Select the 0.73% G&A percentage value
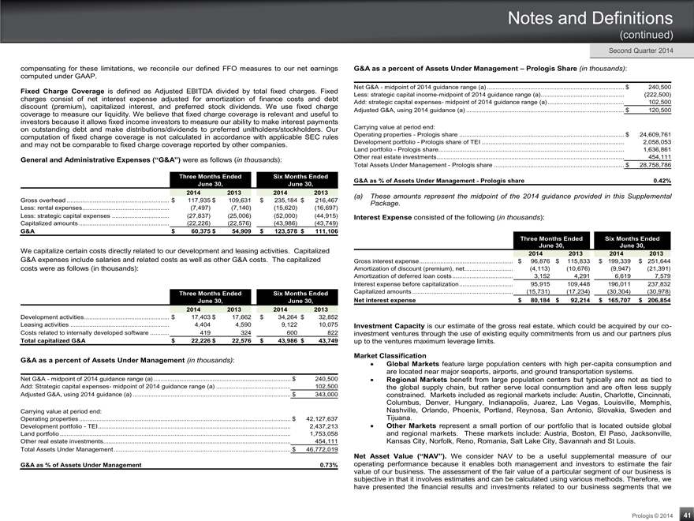[328, 465]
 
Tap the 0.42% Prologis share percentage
[662, 181]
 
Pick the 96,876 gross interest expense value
[535, 260]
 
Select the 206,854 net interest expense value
[654, 301]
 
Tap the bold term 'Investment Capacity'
[390, 325]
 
